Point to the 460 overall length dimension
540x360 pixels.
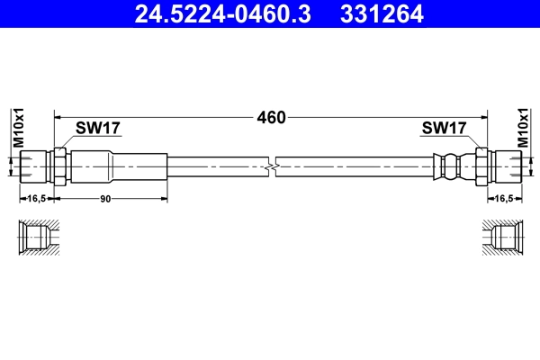(x=271, y=118)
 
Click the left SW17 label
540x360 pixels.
(x=98, y=129)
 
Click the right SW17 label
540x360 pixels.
(x=444, y=129)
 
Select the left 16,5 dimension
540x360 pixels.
(x=37, y=198)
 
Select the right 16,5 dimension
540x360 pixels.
(x=502, y=198)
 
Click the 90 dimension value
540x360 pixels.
(x=105, y=198)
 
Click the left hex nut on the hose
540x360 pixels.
(x=60, y=166)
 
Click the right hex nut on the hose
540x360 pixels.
(x=481, y=166)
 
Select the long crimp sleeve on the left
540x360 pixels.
(x=118, y=166)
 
